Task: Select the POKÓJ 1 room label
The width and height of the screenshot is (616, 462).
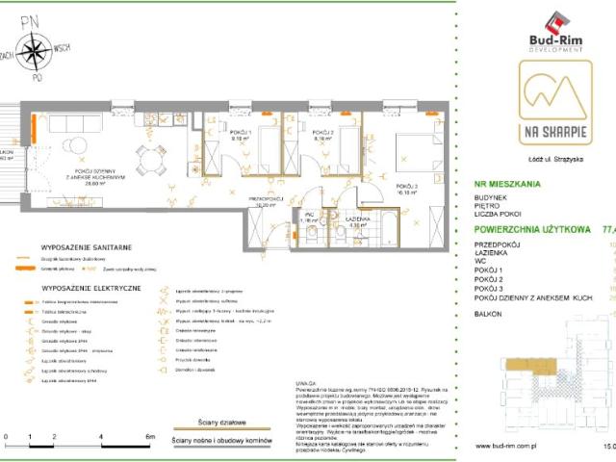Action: point(239,134)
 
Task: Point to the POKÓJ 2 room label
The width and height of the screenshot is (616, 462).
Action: point(322,134)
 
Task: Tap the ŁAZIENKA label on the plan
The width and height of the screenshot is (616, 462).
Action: point(361,219)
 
